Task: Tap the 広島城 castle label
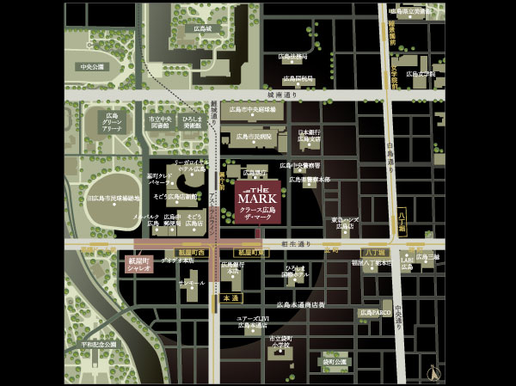click(x=202, y=28)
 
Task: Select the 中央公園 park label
click(x=92, y=66)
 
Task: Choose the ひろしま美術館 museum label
click(x=193, y=122)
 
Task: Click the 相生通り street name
click(x=296, y=243)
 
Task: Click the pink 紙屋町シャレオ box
click(x=138, y=264)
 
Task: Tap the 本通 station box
click(x=230, y=297)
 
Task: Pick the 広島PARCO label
click(x=375, y=312)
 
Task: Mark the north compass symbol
click(x=433, y=372)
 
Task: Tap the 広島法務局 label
click(x=292, y=57)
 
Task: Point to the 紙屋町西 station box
click(x=191, y=252)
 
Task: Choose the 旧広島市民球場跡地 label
click(x=114, y=199)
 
